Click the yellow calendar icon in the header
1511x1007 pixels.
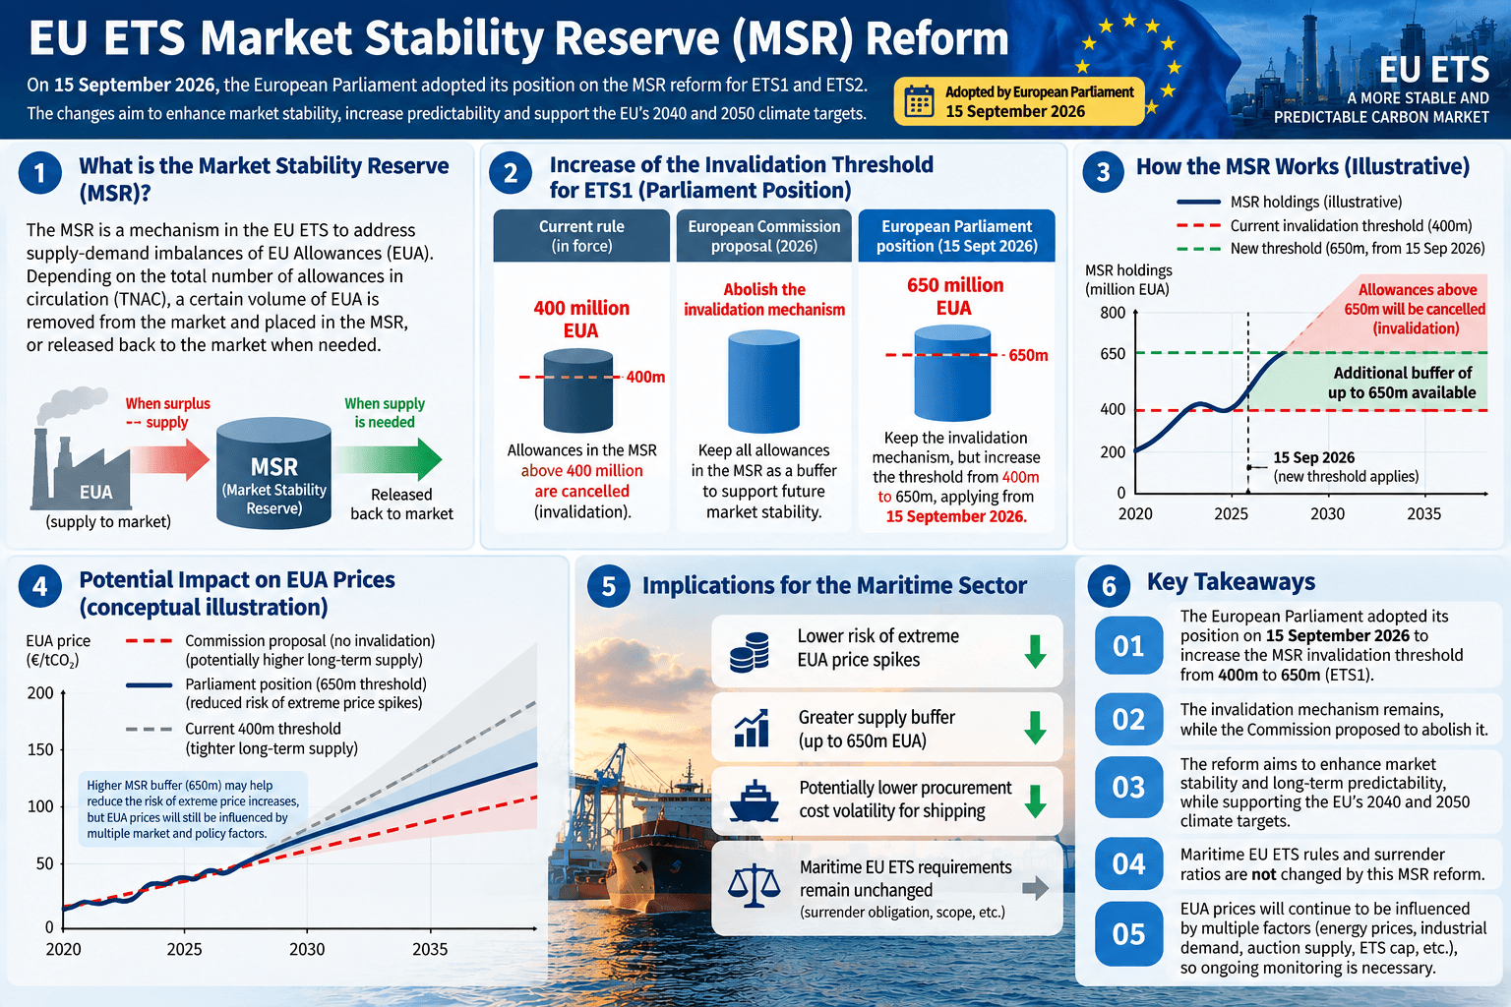pyautogui.click(x=919, y=102)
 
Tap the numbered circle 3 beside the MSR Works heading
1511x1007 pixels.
pyautogui.click(x=1103, y=172)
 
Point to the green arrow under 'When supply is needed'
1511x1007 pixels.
pyautogui.click(x=388, y=459)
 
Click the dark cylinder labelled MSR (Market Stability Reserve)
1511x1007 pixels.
pyautogui.click(x=273, y=473)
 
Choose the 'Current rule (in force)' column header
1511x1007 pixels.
pyautogui.click(x=581, y=235)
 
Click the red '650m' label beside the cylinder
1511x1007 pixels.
pyautogui.click(x=1028, y=355)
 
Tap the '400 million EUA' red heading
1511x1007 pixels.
pyautogui.click(x=580, y=319)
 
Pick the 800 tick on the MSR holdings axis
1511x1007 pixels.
pyautogui.click(x=1113, y=313)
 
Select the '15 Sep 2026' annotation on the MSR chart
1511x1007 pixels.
pyautogui.click(x=1313, y=457)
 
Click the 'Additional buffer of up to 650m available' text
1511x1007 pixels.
pyautogui.click(x=1403, y=383)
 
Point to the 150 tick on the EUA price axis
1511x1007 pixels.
pyautogui.click(x=39, y=749)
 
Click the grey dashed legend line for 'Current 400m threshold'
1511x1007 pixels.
pyautogui.click(x=150, y=729)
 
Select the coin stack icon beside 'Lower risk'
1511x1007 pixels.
pyautogui.click(x=750, y=652)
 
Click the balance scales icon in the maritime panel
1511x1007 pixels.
pyautogui.click(x=754, y=886)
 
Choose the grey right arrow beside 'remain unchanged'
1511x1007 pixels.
pyautogui.click(x=1036, y=888)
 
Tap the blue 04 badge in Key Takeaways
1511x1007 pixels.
pyautogui.click(x=1128, y=864)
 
